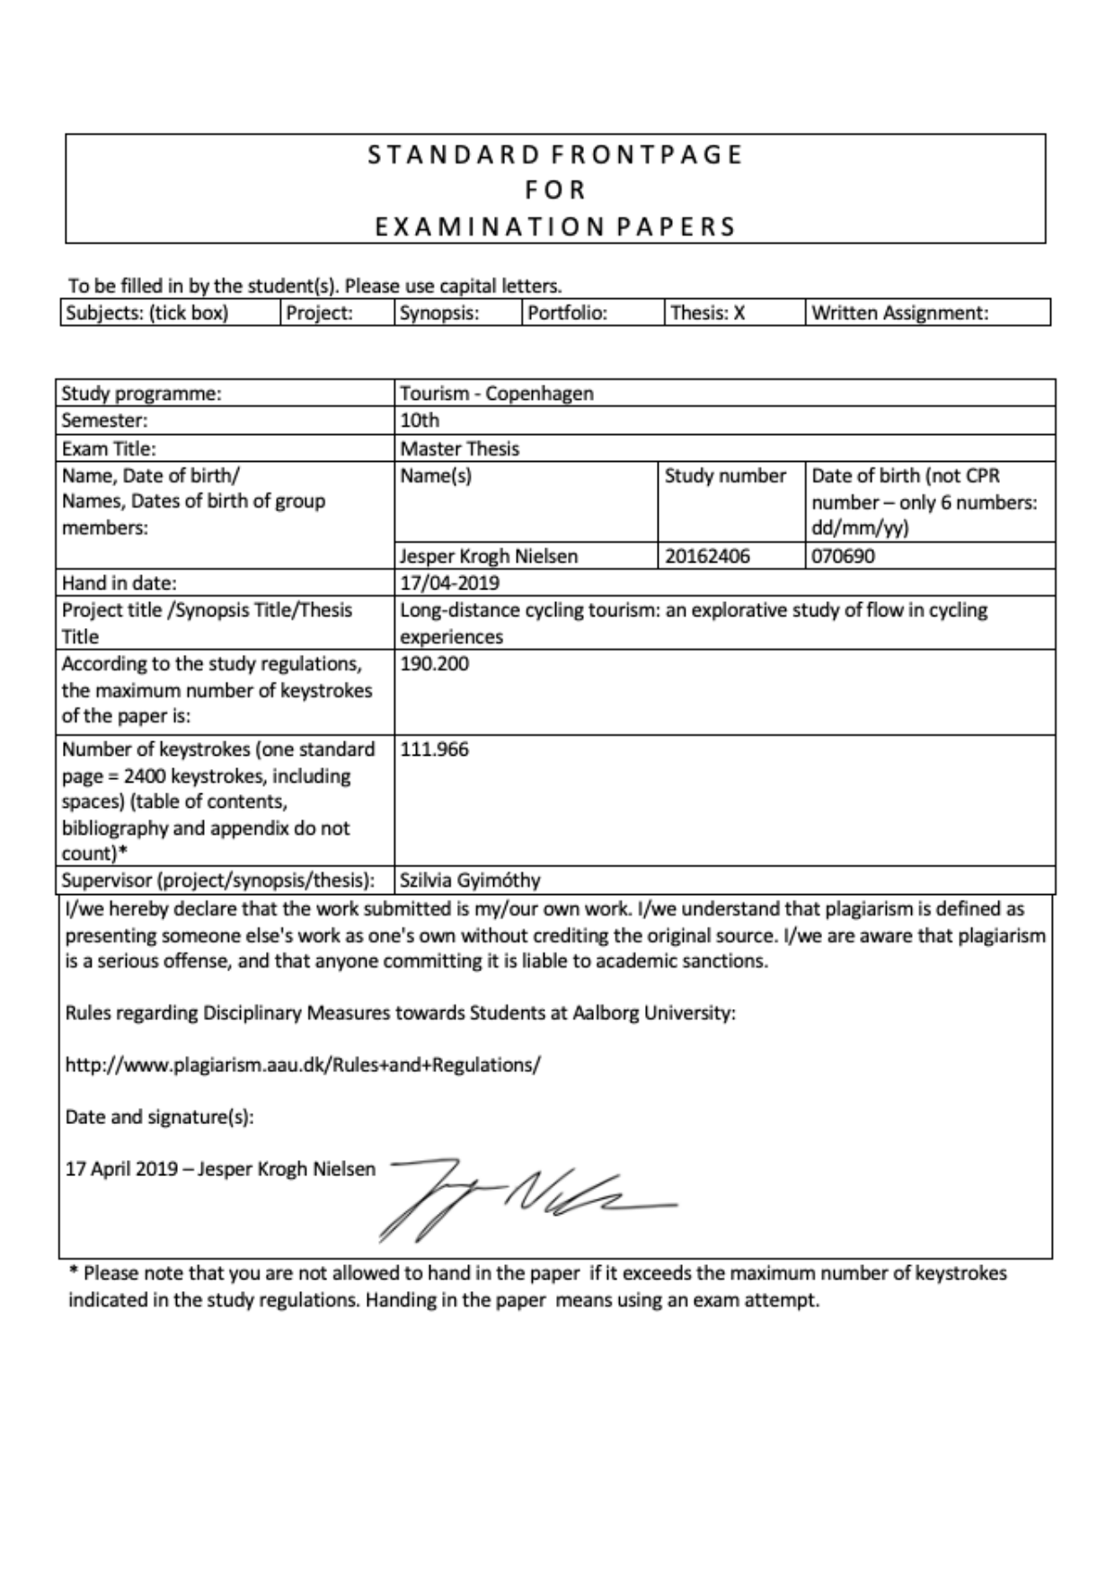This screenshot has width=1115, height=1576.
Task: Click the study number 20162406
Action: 707,556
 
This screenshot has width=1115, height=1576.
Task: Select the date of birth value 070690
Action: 843,556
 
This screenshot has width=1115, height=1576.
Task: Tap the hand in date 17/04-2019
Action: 449,583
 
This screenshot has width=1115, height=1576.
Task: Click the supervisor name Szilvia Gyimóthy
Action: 470,880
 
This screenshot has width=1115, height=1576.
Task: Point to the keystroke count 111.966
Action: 434,749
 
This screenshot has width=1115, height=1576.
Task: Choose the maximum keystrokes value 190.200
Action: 434,664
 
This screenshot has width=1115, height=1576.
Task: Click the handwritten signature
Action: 526,1196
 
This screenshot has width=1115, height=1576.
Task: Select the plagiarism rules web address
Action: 303,1065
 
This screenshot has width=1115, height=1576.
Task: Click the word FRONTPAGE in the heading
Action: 646,155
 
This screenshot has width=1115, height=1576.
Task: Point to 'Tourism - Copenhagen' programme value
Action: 497,394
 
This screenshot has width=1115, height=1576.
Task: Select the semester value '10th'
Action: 420,421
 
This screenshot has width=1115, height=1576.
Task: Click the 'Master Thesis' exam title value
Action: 460,448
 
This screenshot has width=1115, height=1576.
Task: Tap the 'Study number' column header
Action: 725,476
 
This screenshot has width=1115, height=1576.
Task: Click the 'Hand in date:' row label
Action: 119,583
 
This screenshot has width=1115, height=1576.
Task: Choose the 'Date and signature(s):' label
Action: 160,1117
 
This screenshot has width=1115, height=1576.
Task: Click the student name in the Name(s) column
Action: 489,556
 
